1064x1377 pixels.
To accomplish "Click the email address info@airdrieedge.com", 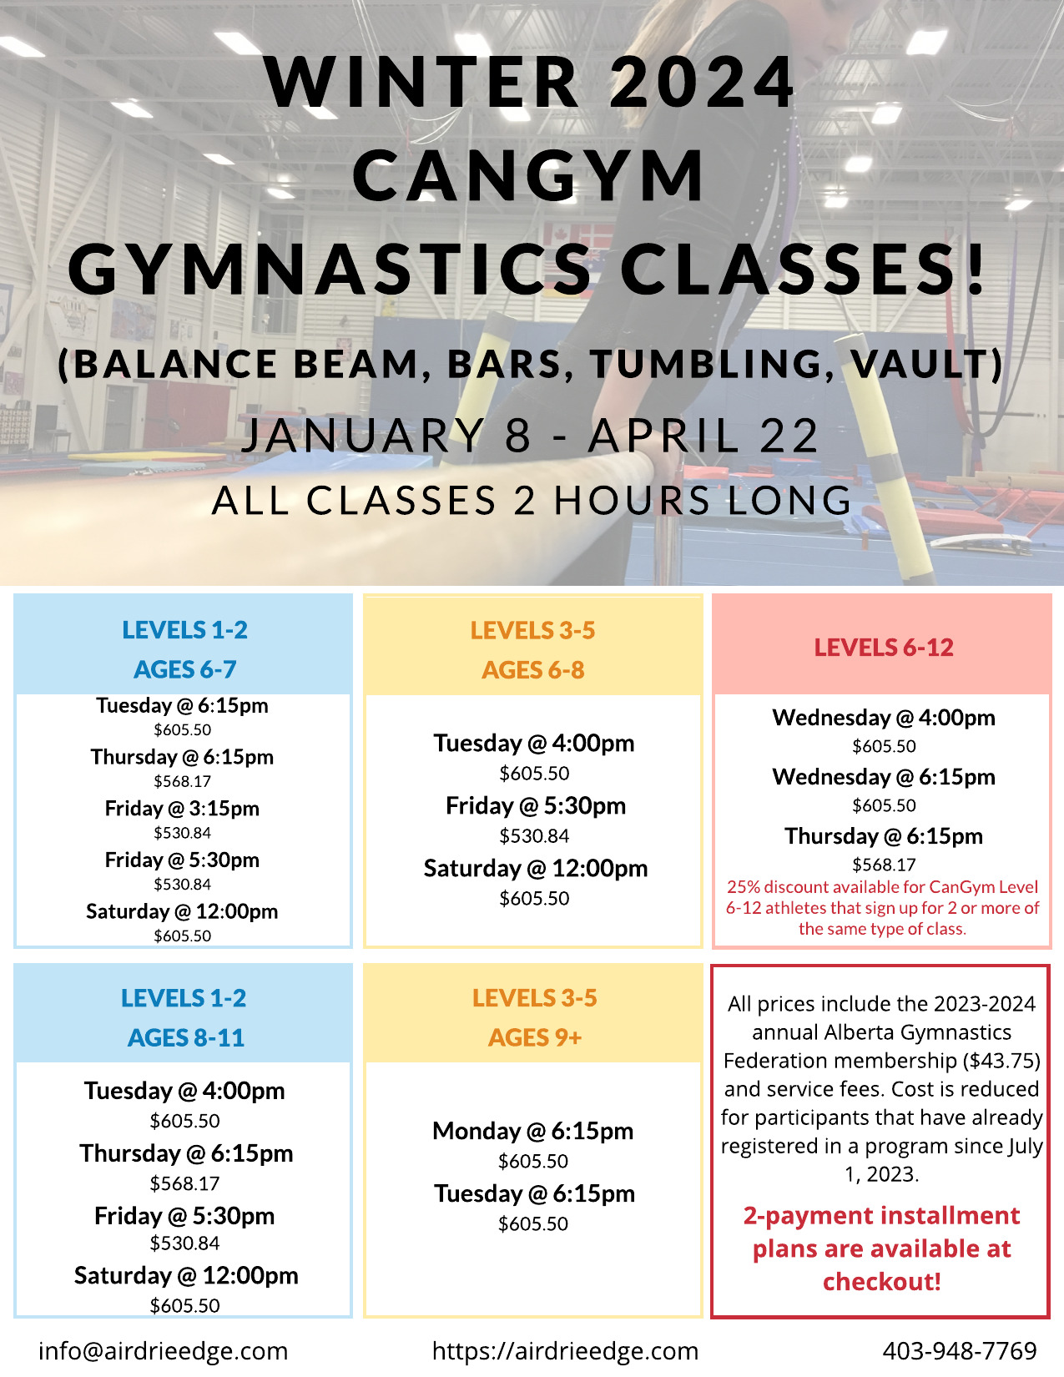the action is click(163, 1350).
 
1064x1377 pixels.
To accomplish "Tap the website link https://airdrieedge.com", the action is click(565, 1350).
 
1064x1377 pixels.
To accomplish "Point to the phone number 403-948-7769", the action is click(960, 1350).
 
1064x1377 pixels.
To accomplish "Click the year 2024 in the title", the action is click(702, 83).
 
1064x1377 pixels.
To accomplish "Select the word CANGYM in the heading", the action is click(528, 175).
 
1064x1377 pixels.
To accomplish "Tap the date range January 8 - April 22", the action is click(531, 436).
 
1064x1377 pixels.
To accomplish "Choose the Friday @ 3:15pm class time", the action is click(183, 809).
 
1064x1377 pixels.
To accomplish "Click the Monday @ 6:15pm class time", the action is click(533, 1131).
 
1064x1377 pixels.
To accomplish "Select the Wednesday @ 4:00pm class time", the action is click(884, 718).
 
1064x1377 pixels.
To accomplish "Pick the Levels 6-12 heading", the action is click(884, 648).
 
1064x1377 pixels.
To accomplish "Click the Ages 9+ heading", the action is click(535, 1038).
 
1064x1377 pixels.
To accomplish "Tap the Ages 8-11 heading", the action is click(185, 1038).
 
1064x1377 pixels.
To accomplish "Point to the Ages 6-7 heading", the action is click(185, 670).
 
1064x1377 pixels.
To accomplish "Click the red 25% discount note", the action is click(882, 908).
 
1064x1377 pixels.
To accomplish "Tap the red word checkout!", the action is click(881, 1282).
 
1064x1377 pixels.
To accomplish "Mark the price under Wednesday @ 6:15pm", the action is click(884, 805).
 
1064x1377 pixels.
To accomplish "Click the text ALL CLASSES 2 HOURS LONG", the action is click(532, 501).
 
